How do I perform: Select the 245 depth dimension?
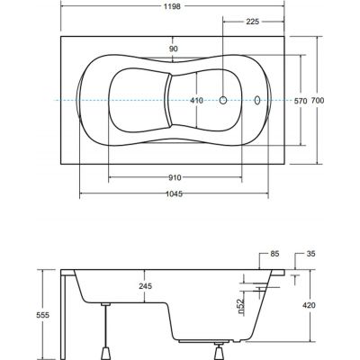pyautogui.click(x=143, y=287)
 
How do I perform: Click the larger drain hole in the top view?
pyautogui.click(x=225, y=100)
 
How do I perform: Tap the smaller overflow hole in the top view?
pyautogui.click(x=258, y=100)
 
